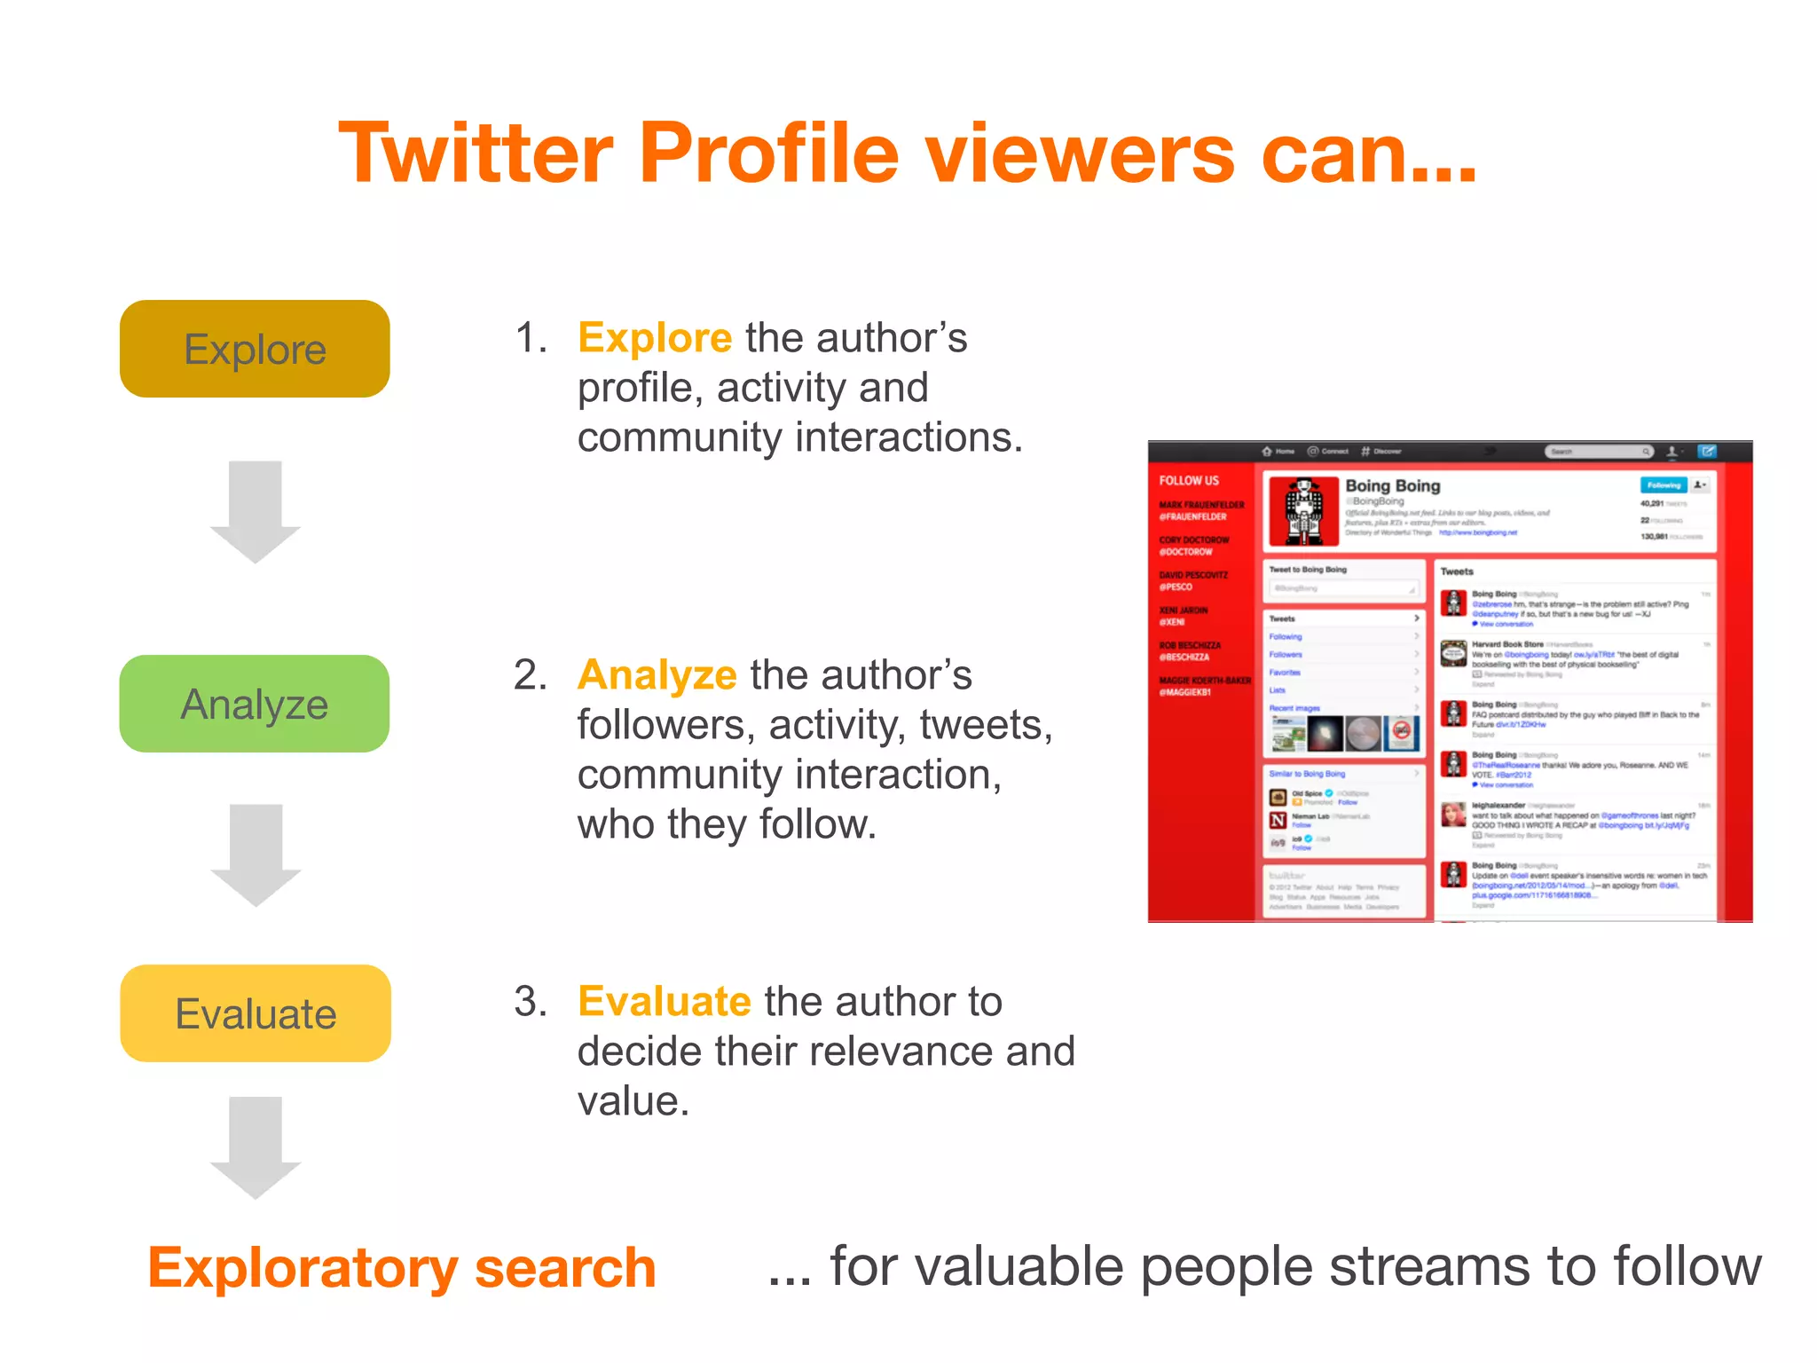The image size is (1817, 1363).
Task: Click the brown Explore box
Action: (255, 349)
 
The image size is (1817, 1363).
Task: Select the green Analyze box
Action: (255, 704)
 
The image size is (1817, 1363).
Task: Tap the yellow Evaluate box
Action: (256, 1013)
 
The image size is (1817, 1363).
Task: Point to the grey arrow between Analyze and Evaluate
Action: (256, 854)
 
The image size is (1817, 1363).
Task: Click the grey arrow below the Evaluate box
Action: (256, 1146)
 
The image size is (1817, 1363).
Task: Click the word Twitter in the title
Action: (476, 153)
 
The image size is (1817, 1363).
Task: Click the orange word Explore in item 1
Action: (655, 338)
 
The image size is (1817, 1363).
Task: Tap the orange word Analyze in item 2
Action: (657, 675)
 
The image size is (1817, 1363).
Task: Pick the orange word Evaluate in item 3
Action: (665, 1002)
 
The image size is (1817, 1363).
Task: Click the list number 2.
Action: (530, 675)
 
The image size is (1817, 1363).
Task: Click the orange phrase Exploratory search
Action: (402, 1267)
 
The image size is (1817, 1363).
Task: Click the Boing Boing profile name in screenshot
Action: (1392, 485)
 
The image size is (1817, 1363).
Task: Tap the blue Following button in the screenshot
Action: (1663, 485)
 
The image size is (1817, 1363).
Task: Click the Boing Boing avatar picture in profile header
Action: (1303, 511)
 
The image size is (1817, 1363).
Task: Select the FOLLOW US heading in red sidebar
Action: (1189, 480)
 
